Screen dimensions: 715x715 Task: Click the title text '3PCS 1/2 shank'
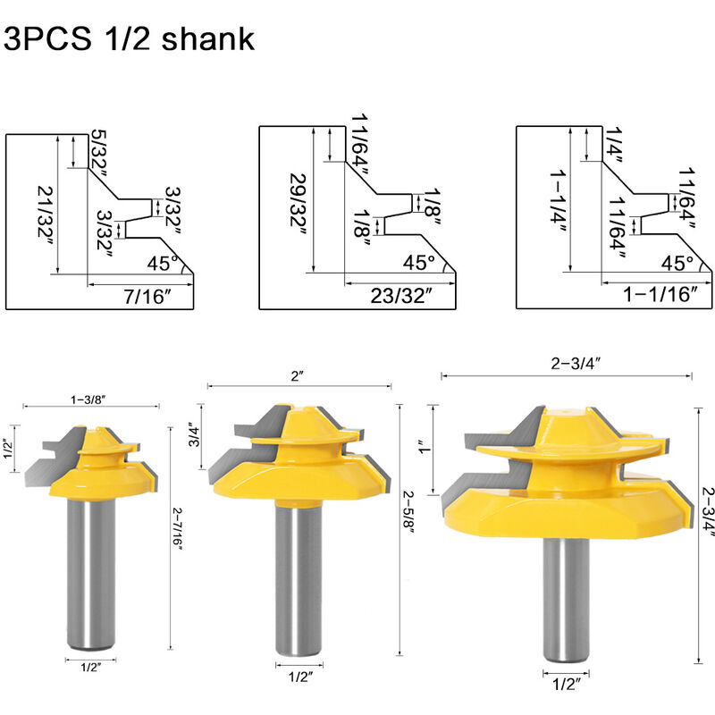click(129, 38)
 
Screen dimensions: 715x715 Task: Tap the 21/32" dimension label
click(46, 214)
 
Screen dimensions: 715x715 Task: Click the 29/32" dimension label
click(299, 206)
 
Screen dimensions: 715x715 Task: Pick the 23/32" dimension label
click(400, 296)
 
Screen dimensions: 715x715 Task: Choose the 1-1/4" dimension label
click(558, 203)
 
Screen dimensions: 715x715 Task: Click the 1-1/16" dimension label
click(660, 295)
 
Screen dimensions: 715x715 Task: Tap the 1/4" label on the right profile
click(614, 145)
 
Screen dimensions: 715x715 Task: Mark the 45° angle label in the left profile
click(163, 264)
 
